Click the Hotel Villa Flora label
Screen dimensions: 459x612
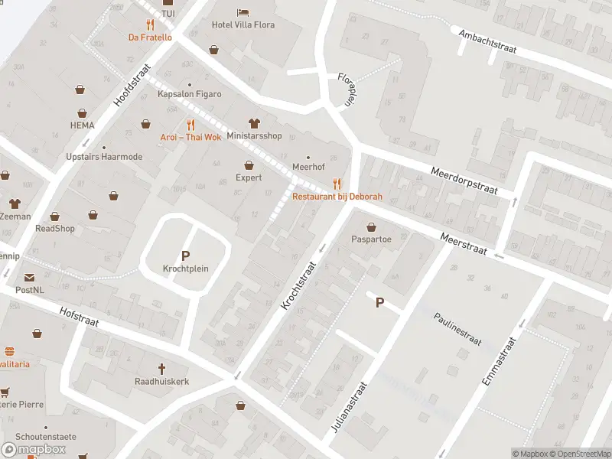coord(243,24)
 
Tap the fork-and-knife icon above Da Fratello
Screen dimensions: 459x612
coord(149,24)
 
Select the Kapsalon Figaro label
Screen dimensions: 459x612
coord(189,94)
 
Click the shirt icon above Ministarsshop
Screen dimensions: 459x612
coord(254,123)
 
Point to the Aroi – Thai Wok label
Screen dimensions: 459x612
coord(190,137)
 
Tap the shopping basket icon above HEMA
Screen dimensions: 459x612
coord(80,90)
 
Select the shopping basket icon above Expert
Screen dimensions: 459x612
coord(249,164)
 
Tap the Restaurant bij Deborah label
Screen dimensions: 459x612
coord(337,197)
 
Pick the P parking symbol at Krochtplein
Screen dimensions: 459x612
coord(185,256)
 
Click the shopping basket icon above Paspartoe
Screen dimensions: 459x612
coord(372,226)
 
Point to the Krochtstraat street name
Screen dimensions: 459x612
coord(299,282)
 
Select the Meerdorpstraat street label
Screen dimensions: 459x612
coord(464,182)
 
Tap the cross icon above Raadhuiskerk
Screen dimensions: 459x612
coord(161,368)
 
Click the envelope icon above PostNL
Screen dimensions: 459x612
coord(30,278)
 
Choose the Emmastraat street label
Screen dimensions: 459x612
coord(501,368)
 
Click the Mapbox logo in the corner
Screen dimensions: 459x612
coord(34,449)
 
